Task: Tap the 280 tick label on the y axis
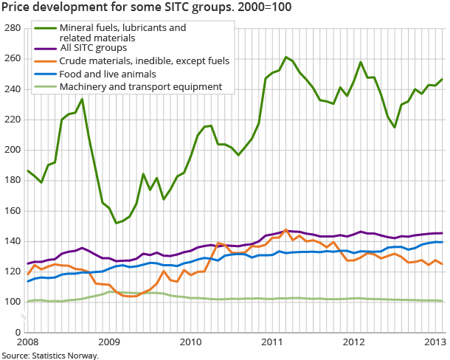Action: (x=12, y=28)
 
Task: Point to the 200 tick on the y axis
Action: (x=12, y=150)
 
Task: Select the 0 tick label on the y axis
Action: (x=17, y=333)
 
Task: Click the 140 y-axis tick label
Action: (x=12, y=241)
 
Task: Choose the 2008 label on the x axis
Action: (x=27, y=342)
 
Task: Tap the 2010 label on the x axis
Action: (x=191, y=342)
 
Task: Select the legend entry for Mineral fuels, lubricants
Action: (x=111, y=33)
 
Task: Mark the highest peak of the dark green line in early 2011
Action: (x=286, y=57)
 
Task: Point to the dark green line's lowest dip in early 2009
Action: (x=117, y=223)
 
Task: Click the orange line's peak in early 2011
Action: (x=285, y=230)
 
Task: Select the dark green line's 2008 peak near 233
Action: (x=82, y=99)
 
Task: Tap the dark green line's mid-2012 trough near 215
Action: (x=395, y=127)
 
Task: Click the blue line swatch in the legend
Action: (x=45, y=74)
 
